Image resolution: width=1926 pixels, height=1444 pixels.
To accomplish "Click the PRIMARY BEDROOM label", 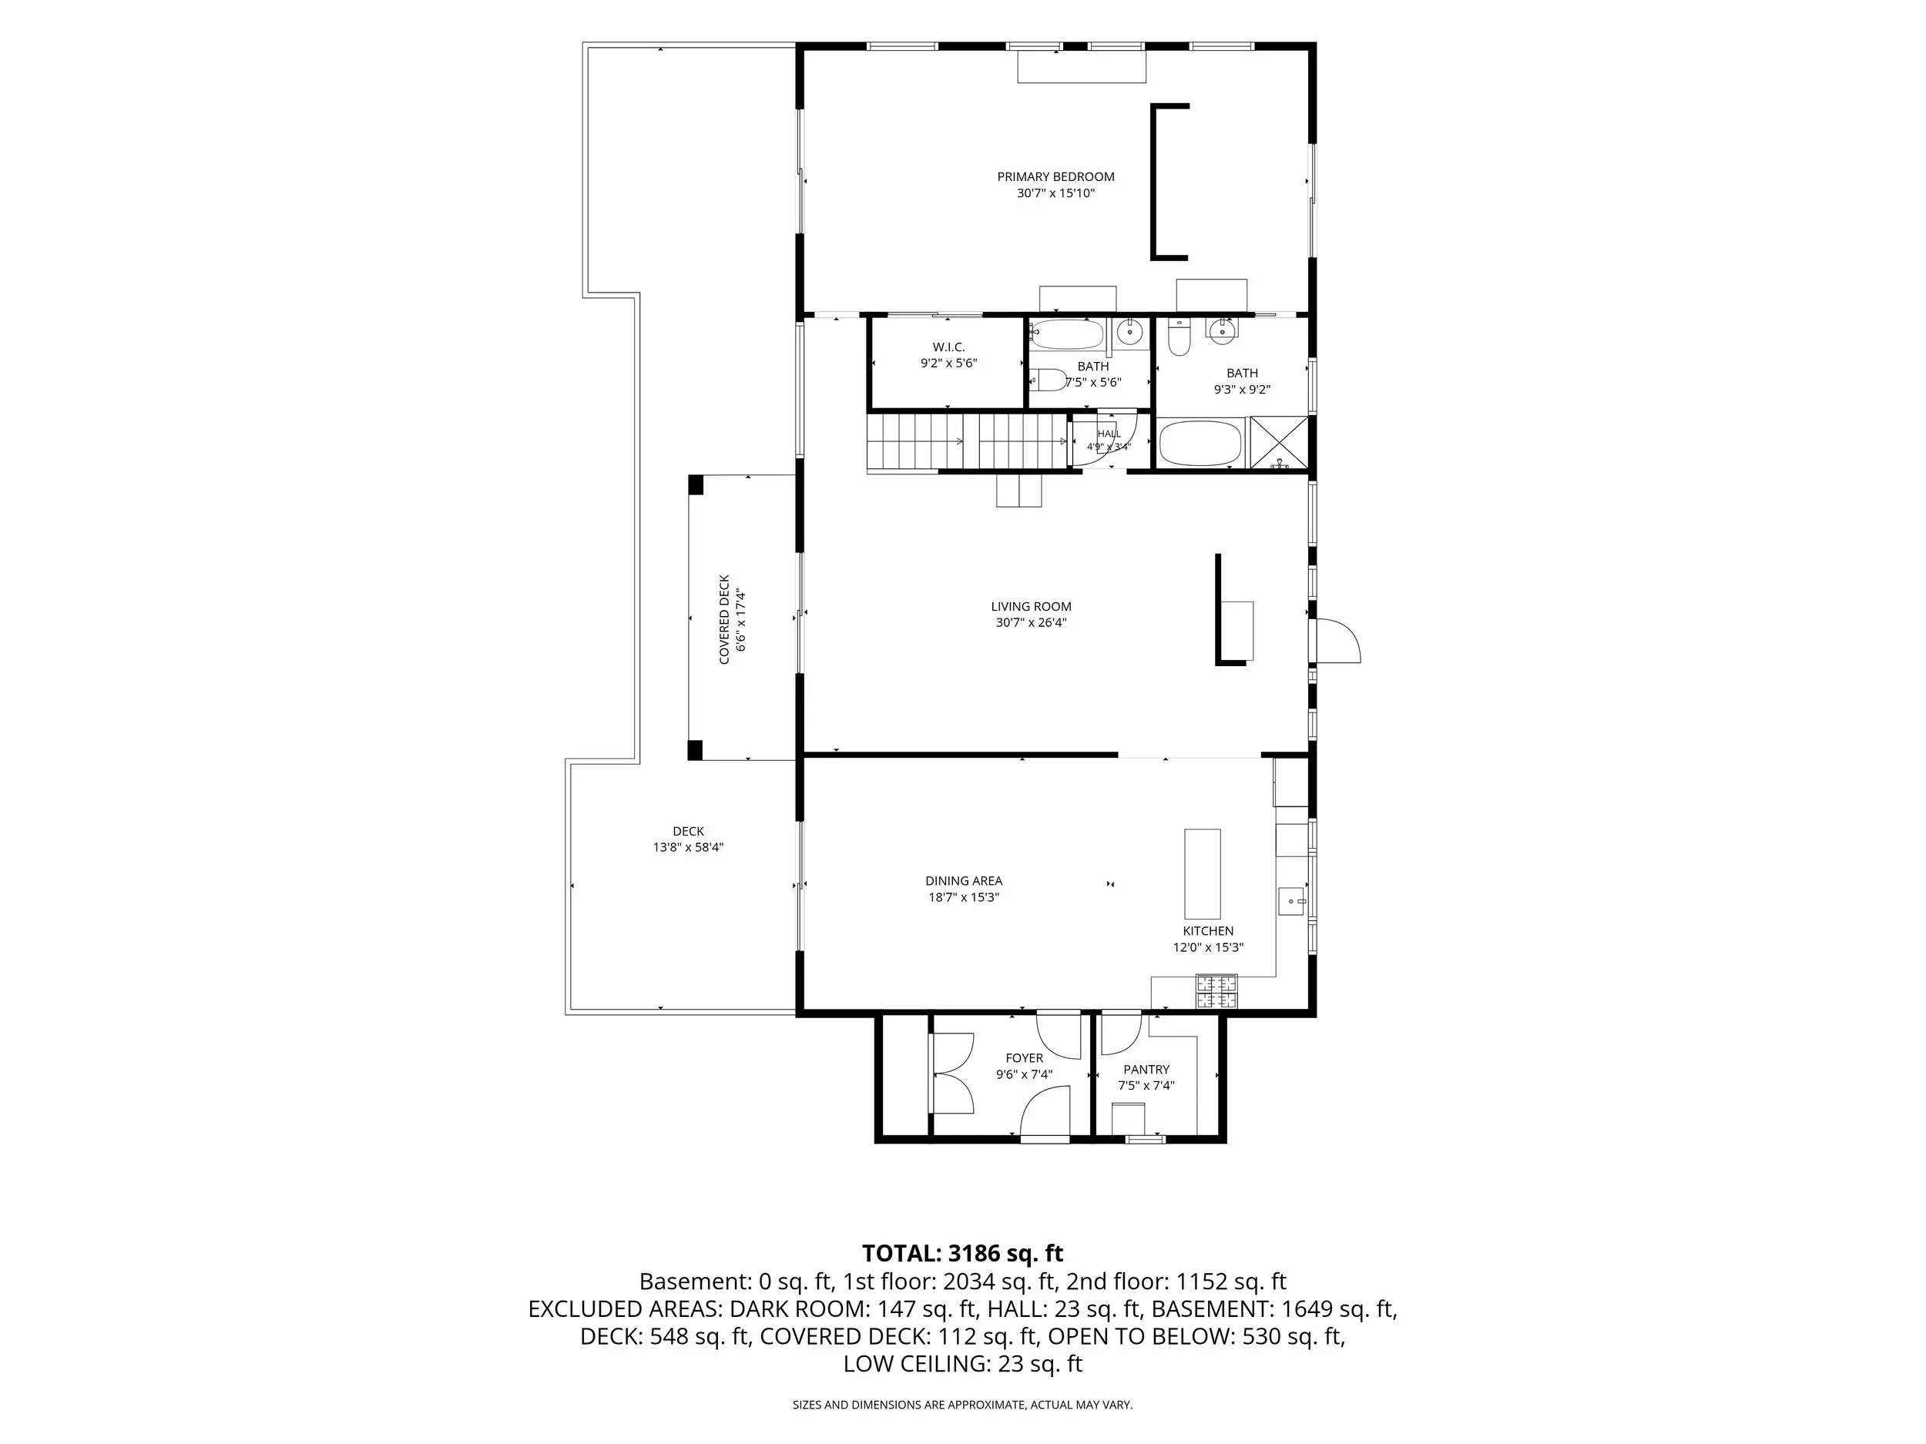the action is [x=1055, y=176].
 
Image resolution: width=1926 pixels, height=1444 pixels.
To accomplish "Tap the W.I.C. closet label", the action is [x=948, y=347].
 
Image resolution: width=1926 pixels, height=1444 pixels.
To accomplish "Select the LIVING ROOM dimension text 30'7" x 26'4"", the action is [x=1031, y=622].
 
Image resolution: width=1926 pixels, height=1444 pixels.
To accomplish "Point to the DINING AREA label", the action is [x=963, y=881].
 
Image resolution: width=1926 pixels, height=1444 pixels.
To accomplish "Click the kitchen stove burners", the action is [x=1216, y=991].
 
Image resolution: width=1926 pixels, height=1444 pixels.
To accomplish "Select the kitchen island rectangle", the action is [x=1202, y=874].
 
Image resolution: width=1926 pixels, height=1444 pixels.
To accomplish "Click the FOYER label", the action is [x=1024, y=1058].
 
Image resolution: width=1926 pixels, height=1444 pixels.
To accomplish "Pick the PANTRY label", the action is [x=1146, y=1070].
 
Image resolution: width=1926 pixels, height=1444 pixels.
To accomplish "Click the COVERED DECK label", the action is [x=723, y=620].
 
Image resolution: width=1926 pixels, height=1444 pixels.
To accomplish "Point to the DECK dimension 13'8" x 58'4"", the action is [x=688, y=847].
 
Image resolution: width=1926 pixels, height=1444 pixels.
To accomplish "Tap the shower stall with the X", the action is [x=1279, y=443].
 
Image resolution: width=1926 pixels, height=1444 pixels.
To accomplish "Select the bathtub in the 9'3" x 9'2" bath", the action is [x=1202, y=444].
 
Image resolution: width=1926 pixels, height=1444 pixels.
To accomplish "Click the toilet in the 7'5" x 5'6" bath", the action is [x=1049, y=380].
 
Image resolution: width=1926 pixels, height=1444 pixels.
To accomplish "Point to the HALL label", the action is [x=1109, y=434].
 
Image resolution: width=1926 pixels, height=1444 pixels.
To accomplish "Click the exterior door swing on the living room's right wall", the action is [x=1337, y=642].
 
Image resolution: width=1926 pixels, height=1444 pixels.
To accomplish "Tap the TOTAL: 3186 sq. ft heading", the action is [x=962, y=1253].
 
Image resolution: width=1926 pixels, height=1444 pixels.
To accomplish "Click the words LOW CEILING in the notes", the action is [x=914, y=1364].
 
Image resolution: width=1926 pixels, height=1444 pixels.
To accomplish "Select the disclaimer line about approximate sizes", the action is [x=962, y=1405].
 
